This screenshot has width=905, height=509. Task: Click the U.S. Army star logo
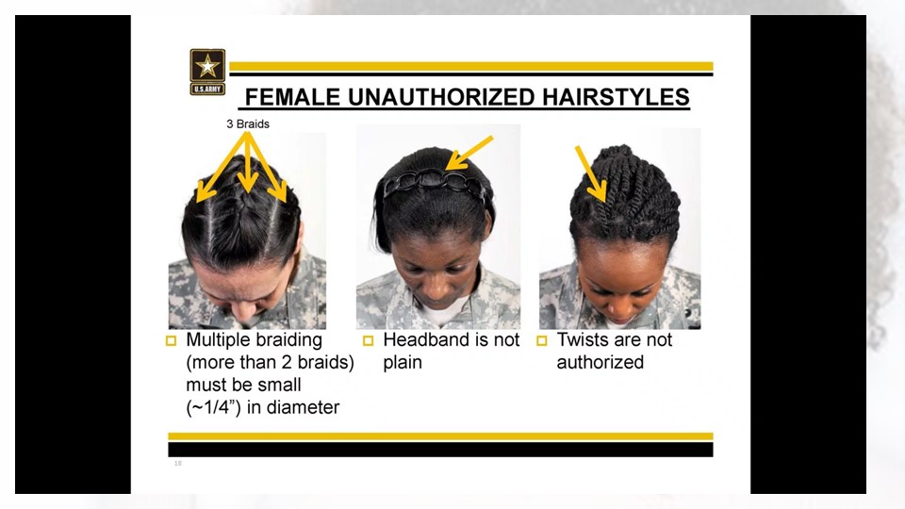207,72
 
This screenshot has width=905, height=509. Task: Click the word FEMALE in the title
292,97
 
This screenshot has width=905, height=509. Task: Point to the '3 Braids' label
248,124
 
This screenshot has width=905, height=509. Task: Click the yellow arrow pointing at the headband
469,153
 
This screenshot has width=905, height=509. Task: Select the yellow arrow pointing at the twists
590,173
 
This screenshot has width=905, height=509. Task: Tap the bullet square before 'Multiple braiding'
171,340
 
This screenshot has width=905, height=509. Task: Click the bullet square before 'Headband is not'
368,340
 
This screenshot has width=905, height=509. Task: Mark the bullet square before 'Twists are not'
541,340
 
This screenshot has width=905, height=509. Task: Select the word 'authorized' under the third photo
601,362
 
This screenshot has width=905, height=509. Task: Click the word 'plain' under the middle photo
403,363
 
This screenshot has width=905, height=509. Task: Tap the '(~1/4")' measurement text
214,408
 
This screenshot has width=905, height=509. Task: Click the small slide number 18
178,464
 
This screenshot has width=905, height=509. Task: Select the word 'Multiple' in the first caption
220,340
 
